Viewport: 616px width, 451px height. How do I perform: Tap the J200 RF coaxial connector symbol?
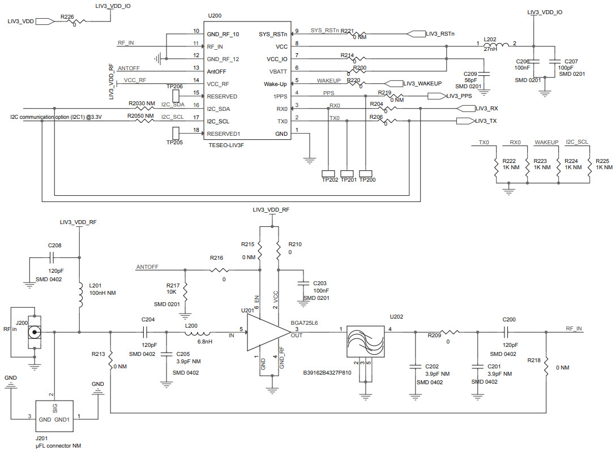[35, 332]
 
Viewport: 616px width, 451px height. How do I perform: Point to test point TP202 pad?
[329, 173]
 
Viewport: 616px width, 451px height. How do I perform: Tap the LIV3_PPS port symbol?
[435, 96]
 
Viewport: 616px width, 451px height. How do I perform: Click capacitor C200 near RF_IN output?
[508, 332]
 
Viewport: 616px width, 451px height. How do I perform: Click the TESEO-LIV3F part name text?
[226, 145]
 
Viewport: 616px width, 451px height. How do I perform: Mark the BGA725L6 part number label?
[305, 323]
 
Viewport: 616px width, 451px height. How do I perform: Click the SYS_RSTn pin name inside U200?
[272, 34]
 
